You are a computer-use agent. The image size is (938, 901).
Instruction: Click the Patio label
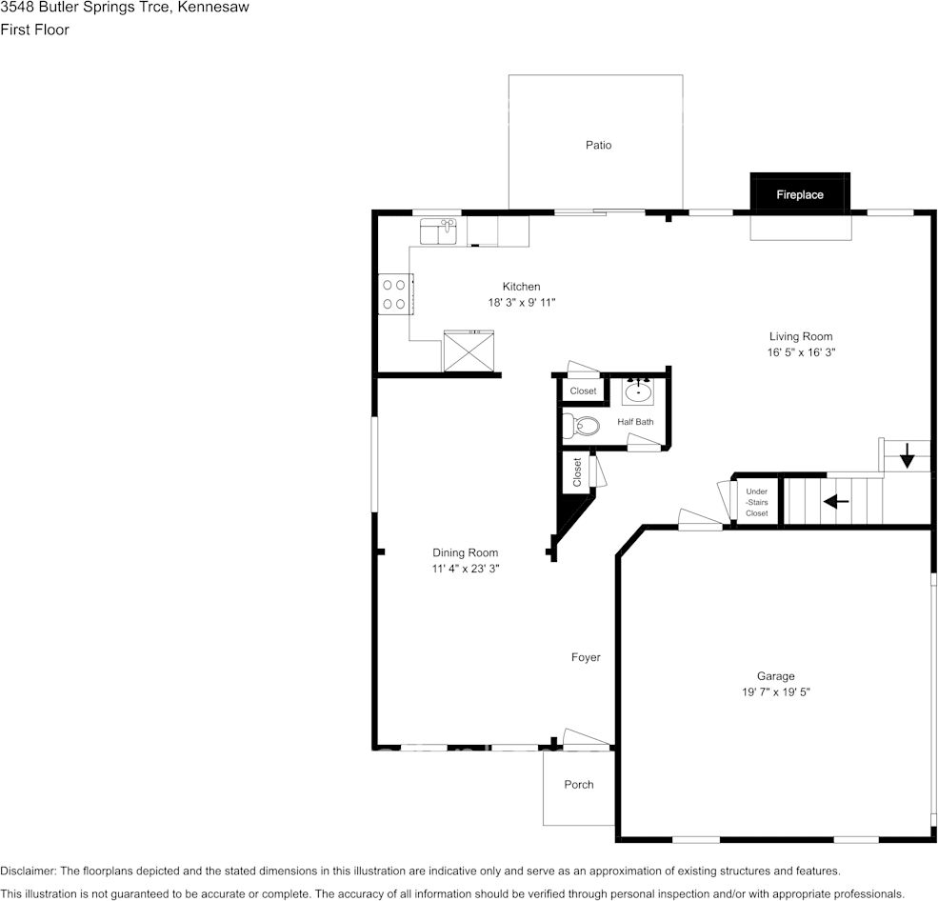(598, 145)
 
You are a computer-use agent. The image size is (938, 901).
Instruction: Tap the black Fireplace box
(799, 194)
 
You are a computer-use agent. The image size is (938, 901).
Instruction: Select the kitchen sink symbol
(439, 230)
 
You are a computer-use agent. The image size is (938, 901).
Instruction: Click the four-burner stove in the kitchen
(393, 294)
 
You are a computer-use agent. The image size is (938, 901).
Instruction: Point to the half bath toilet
(583, 426)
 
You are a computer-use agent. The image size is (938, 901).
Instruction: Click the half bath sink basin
(638, 390)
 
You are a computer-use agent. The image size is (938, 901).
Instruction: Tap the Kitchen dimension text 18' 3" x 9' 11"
(521, 302)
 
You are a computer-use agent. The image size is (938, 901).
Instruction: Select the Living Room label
(800, 336)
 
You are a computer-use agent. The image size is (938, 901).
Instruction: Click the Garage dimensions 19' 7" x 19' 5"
(776, 692)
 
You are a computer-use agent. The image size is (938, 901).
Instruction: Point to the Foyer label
(586, 657)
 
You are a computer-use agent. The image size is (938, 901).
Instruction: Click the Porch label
(578, 785)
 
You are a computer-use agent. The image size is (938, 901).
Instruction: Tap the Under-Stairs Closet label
(756, 503)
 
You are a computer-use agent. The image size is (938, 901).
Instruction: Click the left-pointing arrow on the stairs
(836, 501)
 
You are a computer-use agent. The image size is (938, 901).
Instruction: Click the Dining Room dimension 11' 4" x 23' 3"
(465, 569)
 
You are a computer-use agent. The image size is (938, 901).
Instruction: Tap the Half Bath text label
(635, 422)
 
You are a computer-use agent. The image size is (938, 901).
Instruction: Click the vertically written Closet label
(577, 472)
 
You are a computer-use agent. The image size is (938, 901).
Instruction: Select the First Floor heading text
(35, 30)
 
